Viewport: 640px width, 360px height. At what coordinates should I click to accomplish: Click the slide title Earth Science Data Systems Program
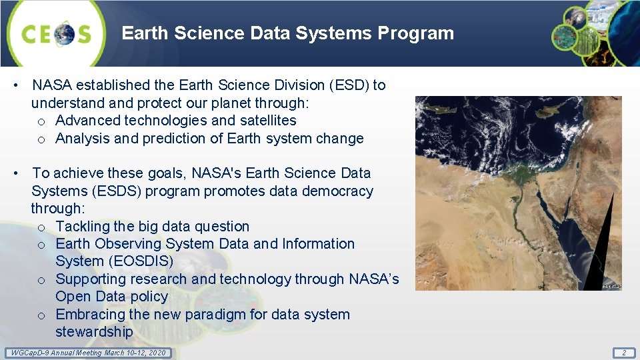[x=287, y=33]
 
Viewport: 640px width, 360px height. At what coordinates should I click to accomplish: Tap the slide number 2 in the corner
[x=624, y=352]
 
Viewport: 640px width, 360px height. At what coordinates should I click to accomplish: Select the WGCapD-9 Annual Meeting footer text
[x=86, y=352]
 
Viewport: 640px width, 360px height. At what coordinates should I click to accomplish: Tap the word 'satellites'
[x=265, y=121]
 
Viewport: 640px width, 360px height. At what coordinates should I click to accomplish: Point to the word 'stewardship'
[x=94, y=332]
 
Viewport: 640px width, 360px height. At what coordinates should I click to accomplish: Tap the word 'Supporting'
[x=91, y=279]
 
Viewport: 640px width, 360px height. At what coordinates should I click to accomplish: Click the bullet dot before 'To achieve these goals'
[x=15, y=173]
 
